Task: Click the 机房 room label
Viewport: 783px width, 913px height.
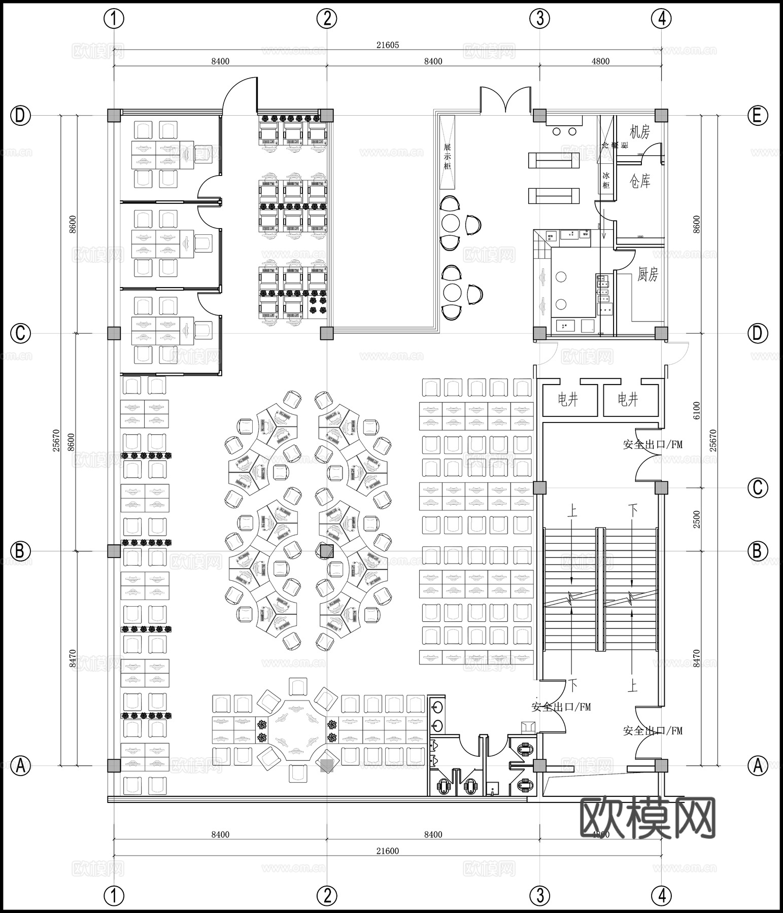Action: pyautogui.click(x=639, y=132)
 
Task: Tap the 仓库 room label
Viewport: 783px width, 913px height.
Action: pyautogui.click(x=639, y=181)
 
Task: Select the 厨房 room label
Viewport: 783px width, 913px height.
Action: pyautogui.click(x=648, y=274)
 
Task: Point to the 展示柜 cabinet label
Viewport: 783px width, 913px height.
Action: pyautogui.click(x=447, y=157)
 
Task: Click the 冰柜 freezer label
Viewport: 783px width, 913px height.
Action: pyautogui.click(x=606, y=180)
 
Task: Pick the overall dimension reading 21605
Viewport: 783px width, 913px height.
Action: pyautogui.click(x=388, y=45)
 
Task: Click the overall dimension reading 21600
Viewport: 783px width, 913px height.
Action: pyautogui.click(x=388, y=851)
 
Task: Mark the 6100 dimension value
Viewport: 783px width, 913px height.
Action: pyautogui.click(x=696, y=410)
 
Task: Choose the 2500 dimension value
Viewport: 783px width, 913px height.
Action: pyautogui.click(x=696, y=519)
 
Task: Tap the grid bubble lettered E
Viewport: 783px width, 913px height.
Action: pyautogui.click(x=757, y=116)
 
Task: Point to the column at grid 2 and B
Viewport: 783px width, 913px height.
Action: pyautogui.click(x=327, y=551)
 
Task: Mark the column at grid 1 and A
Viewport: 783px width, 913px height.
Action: pyautogui.click(x=114, y=765)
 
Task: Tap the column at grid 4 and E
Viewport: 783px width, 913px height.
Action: pyautogui.click(x=661, y=116)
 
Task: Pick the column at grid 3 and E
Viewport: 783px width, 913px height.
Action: pyautogui.click(x=539, y=116)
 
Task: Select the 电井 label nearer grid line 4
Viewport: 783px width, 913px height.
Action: pyautogui.click(x=628, y=400)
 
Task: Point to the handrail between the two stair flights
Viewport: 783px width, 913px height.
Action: pyautogui.click(x=600, y=589)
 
